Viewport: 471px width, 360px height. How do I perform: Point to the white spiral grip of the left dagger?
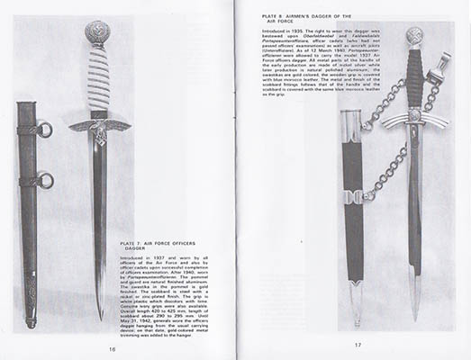(x=98, y=81)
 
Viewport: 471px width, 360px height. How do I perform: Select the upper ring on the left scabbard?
(x=45, y=130)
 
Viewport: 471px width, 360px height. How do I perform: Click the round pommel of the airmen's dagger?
(x=413, y=37)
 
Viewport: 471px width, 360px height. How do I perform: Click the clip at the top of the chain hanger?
(x=441, y=66)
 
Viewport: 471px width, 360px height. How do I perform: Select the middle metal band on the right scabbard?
(x=354, y=195)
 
